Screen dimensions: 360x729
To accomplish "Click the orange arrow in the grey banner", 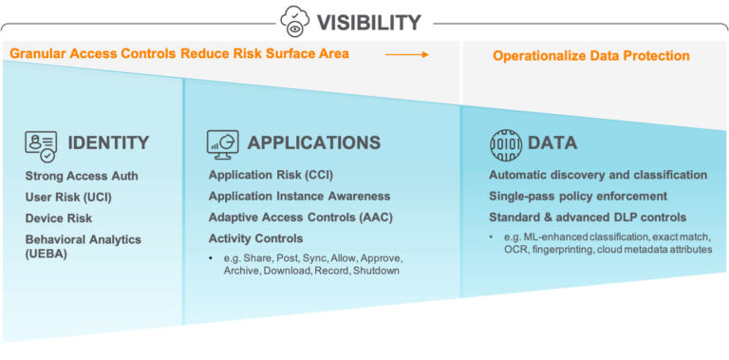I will coord(406,54).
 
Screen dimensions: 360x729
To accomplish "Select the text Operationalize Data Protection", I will coord(590,56).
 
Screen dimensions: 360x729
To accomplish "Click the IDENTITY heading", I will coord(108,143).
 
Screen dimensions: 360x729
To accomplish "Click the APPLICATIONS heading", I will coord(313,143).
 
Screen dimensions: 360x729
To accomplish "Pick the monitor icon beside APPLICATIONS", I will coord(222,143).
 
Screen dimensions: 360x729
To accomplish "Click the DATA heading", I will coord(552,143).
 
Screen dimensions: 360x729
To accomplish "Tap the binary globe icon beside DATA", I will coord(505,143).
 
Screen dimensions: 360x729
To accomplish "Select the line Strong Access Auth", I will coord(82,176).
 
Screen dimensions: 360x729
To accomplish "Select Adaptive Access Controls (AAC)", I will coord(300,218).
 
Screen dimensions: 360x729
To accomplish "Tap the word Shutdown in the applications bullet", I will coord(379,272).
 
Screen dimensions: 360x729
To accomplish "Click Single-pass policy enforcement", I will coord(577,197).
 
